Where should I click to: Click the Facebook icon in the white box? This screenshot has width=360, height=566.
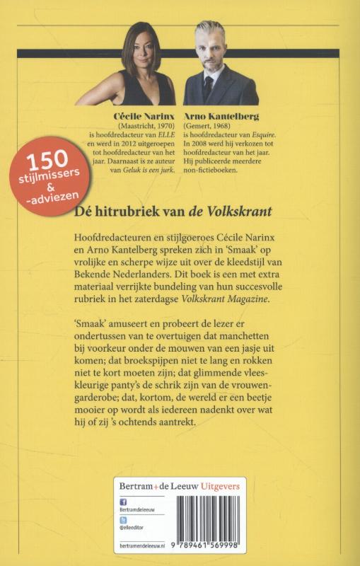[x=123, y=502]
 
